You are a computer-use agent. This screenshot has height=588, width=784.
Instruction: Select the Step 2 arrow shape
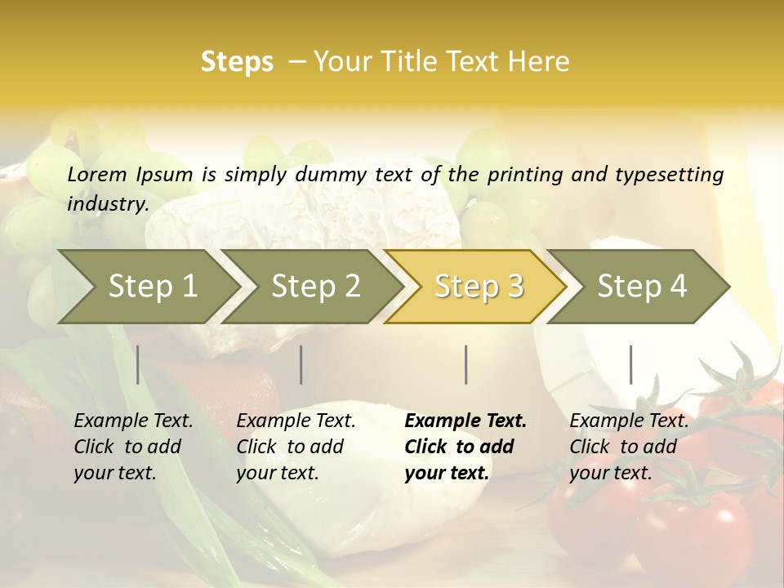(315, 286)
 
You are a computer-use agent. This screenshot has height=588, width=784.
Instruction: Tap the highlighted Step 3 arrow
(479, 286)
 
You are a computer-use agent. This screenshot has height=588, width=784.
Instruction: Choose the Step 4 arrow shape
(642, 286)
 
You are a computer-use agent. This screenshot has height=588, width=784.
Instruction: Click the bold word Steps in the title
(237, 62)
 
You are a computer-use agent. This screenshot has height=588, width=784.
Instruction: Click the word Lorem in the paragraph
(97, 175)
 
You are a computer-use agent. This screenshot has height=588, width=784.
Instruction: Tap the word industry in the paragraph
(107, 203)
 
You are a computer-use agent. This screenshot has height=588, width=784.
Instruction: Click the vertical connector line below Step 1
(137, 364)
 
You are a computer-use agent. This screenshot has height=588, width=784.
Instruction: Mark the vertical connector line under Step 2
(301, 364)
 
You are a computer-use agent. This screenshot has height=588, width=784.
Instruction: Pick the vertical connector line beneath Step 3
(465, 364)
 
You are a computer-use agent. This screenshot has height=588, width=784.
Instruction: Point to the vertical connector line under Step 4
(630, 364)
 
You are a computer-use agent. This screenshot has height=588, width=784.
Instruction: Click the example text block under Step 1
(134, 447)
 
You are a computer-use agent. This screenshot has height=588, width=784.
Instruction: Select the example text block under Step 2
(296, 447)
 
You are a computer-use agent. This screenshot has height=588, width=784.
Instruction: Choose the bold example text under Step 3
(465, 447)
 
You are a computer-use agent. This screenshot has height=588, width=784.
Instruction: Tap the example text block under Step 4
(629, 447)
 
